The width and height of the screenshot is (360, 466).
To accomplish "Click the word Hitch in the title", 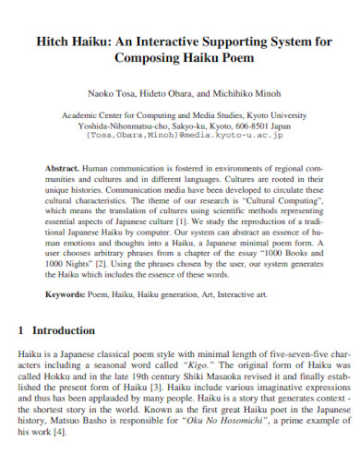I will click(x=56, y=42).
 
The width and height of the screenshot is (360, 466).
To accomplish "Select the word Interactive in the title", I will click(x=176, y=42).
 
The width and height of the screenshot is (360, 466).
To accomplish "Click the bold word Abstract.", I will click(x=62, y=169).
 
